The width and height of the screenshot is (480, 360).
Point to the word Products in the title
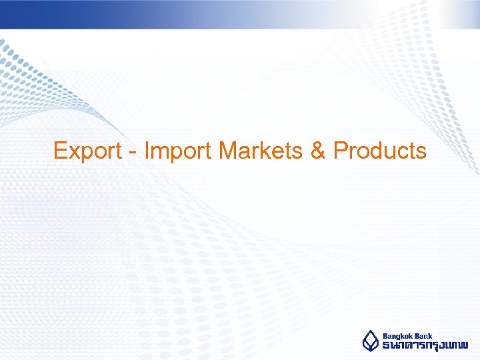379,151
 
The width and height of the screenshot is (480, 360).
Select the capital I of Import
147,151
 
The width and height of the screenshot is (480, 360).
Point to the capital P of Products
340,151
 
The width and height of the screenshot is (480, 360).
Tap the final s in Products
421,153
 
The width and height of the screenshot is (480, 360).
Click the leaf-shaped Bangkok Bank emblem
370,341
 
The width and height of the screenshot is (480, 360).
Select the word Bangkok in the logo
398,336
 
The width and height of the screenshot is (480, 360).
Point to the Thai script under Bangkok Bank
425,346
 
